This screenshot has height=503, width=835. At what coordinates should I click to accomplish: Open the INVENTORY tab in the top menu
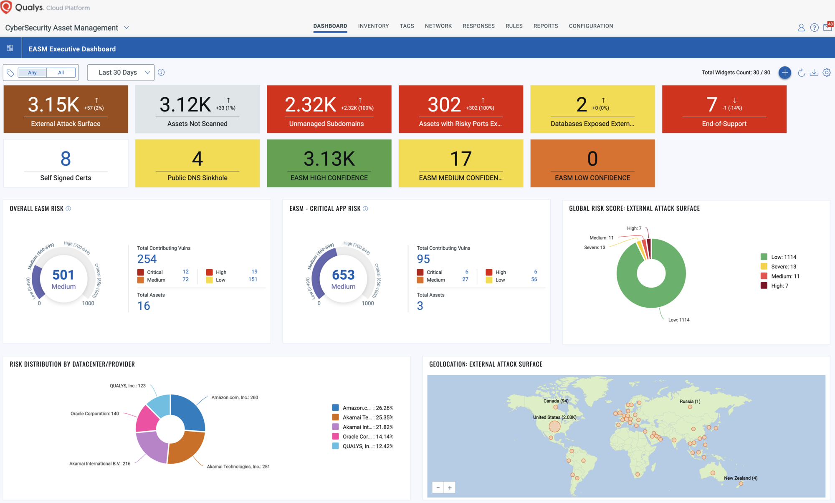373,26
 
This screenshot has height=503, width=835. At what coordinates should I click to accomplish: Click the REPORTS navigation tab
546,26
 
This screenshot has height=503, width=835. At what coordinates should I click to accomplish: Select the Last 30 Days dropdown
121,72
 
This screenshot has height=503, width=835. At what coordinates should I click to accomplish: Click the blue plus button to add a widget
785,72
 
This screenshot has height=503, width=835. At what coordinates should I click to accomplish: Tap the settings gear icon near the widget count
827,72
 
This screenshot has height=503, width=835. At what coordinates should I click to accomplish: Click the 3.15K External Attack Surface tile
66,109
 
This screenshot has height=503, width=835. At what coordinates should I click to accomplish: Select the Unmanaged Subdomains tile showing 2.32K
329,109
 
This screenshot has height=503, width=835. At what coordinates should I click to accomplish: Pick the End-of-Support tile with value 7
724,109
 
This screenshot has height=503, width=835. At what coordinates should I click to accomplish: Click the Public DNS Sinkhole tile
197,163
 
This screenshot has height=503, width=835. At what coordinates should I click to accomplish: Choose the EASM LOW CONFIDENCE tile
592,163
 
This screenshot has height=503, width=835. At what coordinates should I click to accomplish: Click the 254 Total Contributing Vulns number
147,259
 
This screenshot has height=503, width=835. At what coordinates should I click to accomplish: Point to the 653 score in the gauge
343,275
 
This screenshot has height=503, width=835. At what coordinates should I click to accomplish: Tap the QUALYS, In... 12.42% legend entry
362,446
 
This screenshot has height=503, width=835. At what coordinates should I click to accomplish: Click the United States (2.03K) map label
554,417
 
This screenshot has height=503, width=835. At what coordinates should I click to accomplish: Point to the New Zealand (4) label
741,478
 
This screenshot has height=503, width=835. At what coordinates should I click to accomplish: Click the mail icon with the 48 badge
827,27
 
